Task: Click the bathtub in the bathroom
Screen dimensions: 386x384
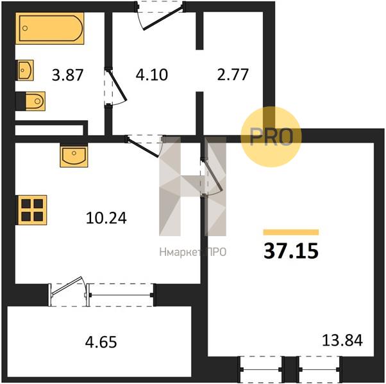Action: point(50,28)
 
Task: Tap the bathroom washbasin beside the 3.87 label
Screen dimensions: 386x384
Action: point(25,70)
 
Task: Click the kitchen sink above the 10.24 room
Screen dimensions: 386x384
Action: point(74,156)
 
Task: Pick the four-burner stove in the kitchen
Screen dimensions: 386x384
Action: point(31,210)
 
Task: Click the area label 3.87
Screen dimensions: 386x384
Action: point(68,75)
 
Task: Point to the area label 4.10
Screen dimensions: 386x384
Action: point(152,75)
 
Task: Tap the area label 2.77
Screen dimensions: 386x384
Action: point(233,75)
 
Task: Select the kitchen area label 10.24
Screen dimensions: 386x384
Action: point(106,218)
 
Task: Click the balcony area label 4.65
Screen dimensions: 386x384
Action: point(101,342)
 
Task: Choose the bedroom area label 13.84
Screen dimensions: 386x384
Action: point(342,340)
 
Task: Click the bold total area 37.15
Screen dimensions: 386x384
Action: point(291,251)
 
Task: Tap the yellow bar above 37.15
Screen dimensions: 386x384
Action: point(291,232)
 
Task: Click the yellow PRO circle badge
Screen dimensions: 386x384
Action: point(271,137)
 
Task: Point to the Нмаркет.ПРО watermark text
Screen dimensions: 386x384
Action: point(193,252)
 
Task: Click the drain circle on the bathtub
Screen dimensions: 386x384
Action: point(25,28)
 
